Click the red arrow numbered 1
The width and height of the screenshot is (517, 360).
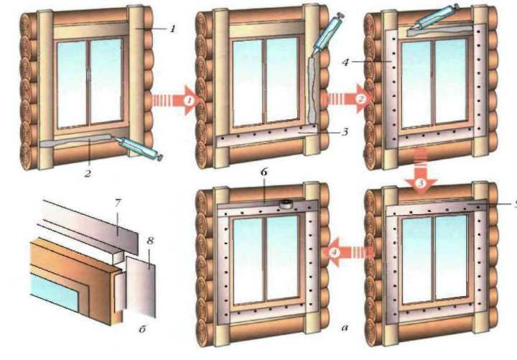[177, 100]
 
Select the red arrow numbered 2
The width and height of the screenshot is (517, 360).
[348, 98]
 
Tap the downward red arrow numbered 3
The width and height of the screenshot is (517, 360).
[421, 171]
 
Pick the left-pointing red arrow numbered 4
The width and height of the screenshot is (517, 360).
[349, 252]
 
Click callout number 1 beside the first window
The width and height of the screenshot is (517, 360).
[172, 29]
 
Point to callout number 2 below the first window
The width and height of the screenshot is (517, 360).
[87, 173]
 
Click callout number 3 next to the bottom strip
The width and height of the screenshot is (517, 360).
[344, 132]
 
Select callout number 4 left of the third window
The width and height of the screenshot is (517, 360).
[345, 62]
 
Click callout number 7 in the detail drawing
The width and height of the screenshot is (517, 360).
[118, 203]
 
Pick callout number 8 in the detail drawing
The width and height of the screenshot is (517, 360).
[150, 241]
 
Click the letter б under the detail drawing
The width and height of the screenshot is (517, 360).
[142, 329]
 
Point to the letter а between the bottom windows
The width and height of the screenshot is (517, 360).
[345, 328]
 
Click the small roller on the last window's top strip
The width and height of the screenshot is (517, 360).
[286, 203]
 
